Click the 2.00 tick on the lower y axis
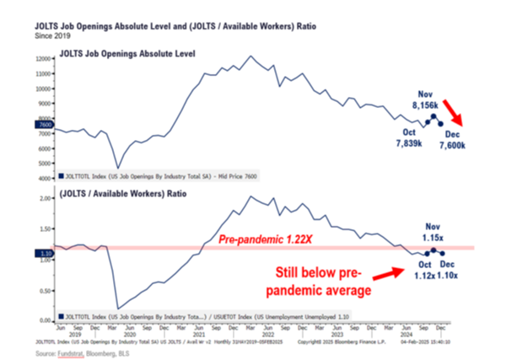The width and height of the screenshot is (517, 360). coord(46,198)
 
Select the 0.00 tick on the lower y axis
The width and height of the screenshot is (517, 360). coord(46,320)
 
